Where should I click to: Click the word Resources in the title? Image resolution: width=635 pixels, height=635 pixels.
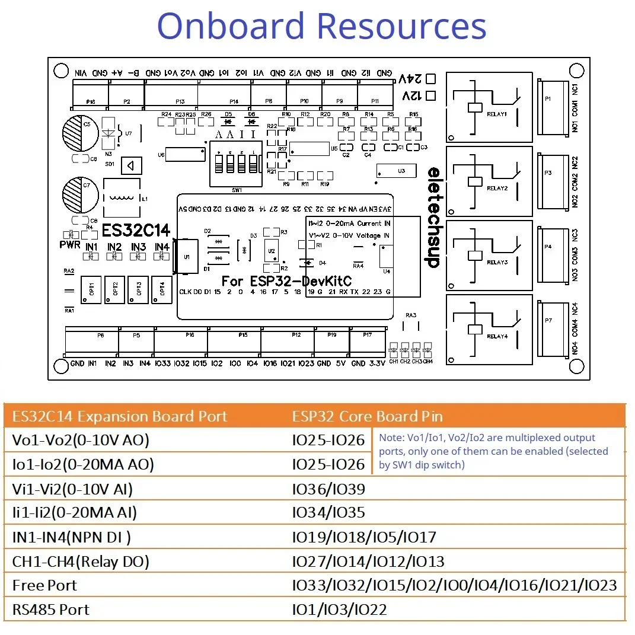pyautogui.click(x=401, y=27)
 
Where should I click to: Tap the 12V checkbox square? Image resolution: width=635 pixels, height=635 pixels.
pyautogui.click(x=432, y=95)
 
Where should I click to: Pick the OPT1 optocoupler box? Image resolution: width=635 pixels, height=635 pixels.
pyautogui.click(x=92, y=289)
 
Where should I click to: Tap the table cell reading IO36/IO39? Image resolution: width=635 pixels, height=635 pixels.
pyautogui.click(x=328, y=489)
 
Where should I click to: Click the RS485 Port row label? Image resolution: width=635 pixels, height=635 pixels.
pyautogui.click(x=51, y=610)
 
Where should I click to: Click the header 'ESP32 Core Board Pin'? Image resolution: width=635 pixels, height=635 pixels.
pyautogui.click(x=367, y=416)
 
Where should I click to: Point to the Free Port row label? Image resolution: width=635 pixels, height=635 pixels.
pyautogui.click(x=44, y=586)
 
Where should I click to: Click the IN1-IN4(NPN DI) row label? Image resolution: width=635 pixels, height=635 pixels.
pyautogui.click(x=72, y=538)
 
